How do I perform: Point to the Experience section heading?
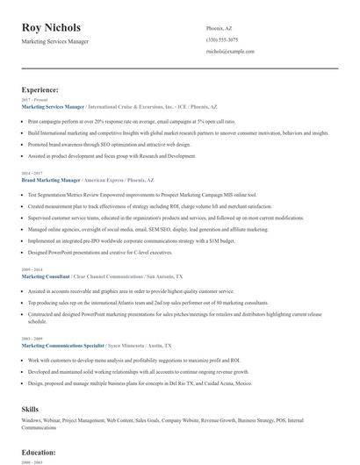40,89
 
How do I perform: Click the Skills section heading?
31,410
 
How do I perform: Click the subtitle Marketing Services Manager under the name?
57,41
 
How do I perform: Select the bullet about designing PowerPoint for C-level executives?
98,252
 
